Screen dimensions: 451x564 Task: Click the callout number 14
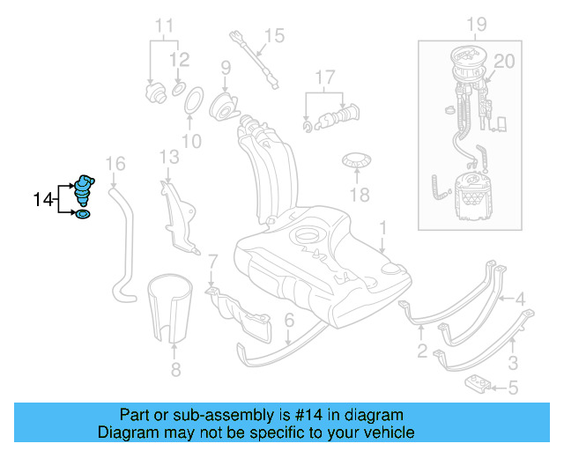tap(42, 201)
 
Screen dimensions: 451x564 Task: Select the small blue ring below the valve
tap(84, 214)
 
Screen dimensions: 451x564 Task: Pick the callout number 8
tap(174, 370)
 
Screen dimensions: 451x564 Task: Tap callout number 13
tap(169, 157)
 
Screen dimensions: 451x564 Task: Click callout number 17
tap(326, 77)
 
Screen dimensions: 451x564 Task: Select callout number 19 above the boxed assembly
tap(477, 23)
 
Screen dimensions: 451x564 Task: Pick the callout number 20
tap(503, 61)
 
